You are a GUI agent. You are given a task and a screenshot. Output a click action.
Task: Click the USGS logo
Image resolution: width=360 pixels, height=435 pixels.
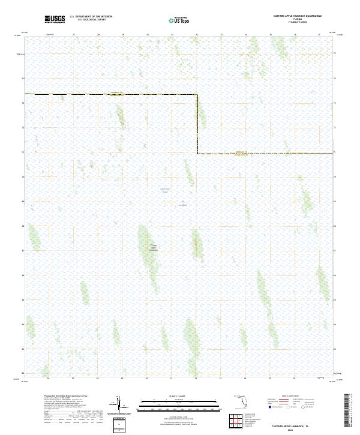point(55,19)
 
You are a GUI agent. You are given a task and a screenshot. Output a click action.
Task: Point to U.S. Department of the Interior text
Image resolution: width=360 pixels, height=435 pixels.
point(91,16)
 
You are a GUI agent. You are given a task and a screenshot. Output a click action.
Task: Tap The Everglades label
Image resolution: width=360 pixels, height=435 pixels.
point(183,205)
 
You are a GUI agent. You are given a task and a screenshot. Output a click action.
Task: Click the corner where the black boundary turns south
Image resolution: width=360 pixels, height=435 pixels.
point(197,95)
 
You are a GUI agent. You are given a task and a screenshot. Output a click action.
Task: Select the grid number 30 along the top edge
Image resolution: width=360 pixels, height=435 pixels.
point(148,35)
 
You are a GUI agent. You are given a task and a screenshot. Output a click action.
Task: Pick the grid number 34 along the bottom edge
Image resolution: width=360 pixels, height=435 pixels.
point(245,379)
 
